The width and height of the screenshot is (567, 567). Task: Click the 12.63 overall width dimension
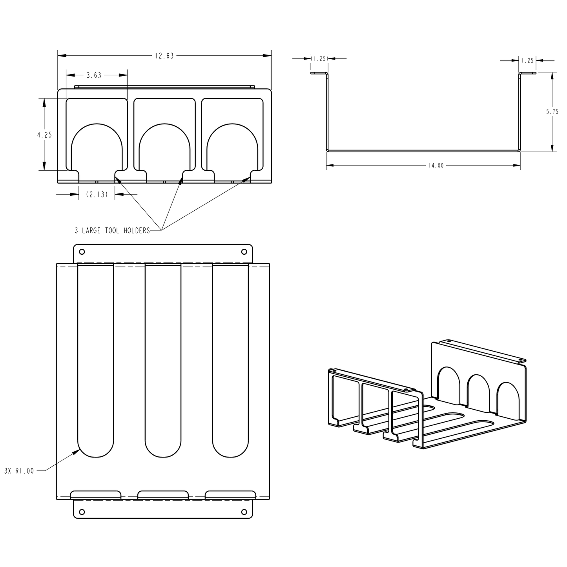[x=164, y=56]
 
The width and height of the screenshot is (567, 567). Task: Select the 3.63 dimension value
[x=94, y=75]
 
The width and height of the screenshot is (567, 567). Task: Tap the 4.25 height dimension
[x=44, y=135]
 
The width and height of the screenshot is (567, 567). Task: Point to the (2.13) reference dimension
[x=97, y=194]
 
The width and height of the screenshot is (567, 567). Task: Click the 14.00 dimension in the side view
[x=436, y=166]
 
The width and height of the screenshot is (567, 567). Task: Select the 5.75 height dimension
[x=552, y=112]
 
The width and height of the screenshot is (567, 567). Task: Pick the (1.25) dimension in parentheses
[x=319, y=59]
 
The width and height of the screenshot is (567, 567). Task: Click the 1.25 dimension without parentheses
[x=528, y=61]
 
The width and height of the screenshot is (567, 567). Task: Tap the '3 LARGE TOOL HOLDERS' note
[x=112, y=231]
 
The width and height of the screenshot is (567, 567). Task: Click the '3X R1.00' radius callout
[x=19, y=471]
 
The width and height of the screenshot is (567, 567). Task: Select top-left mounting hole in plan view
[x=82, y=252]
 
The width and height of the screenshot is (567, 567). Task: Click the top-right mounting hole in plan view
[x=244, y=252]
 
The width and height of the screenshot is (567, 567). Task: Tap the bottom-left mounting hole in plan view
[x=82, y=512]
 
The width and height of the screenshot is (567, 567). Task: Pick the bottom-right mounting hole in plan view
[x=244, y=512]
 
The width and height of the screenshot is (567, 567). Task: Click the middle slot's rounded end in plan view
[x=163, y=447]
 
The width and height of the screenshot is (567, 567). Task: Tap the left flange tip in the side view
[x=312, y=73]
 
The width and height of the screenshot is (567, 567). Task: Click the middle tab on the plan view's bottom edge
[x=163, y=494]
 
